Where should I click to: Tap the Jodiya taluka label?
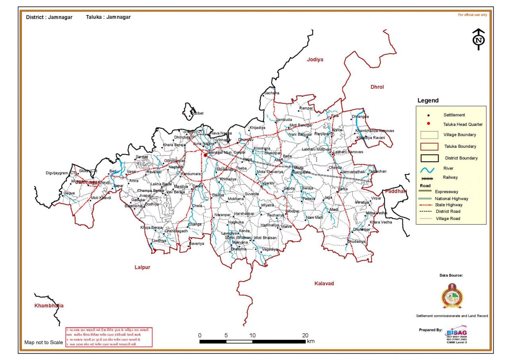pyautogui.click(x=315, y=60)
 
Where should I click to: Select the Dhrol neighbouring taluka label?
pyautogui.click(x=377, y=87)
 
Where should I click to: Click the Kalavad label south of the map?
pyautogui.click(x=324, y=283)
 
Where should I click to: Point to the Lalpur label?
pyautogui.click(x=142, y=267)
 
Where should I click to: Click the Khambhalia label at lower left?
pyautogui.click(x=49, y=306)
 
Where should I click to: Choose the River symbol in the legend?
pyautogui.click(x=428, y=170)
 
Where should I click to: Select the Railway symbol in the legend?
pyautogui.click(x=428, y=179)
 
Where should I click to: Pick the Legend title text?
pyautogui.click(x=428, y=101)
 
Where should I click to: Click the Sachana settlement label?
pyautogui.click(x=271, y=93)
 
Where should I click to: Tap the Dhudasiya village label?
pyautogui.click(x=356, y=241)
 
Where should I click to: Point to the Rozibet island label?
pyautogui.click(x=197, y=113)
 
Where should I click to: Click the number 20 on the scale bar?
pyautogui.click(x=305, y=335)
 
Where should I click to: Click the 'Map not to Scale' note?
pyautogui.click(x=43, y=342)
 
